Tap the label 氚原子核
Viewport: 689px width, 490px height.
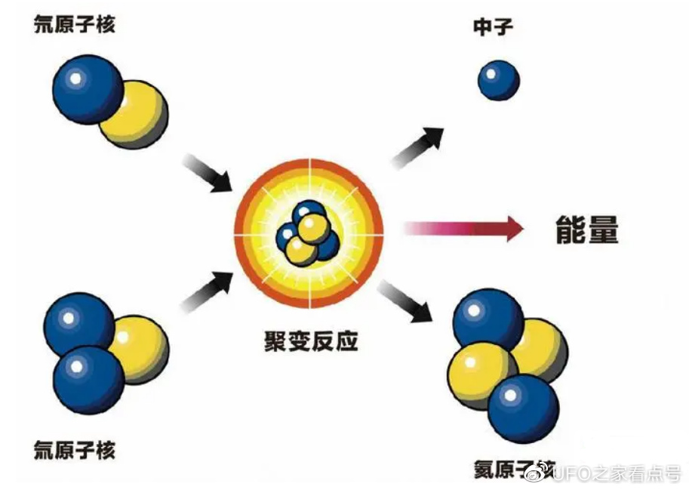(x=75, y=450)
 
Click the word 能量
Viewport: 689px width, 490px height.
(x=586, y=230)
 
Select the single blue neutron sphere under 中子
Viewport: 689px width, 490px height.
(x=499, y=80)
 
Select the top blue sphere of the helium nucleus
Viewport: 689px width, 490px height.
(x=488, y=318)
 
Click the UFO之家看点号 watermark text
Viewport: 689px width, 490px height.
(x=614, y=473)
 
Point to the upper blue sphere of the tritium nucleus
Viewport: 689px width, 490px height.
(x=78, y=323)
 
